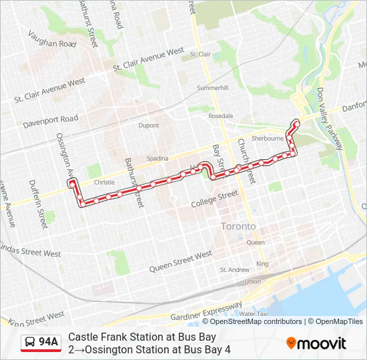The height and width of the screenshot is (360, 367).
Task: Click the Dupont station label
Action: point(149,125)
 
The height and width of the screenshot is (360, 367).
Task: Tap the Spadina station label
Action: point(157,158)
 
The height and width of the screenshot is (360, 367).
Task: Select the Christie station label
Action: point(105,181)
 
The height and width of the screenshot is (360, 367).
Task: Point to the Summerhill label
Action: point(212,88)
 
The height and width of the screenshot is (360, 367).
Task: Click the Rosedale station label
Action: point(221,115)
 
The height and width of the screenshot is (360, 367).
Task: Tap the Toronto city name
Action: point(238,227)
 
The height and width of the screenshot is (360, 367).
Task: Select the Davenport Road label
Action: point(50,123)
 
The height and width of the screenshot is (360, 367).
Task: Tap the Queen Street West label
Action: point(180,261)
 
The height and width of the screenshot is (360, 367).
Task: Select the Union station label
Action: point(253,281)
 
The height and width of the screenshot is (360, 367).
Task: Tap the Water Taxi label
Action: point(254,313)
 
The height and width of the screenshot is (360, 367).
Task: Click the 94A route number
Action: point(48,342)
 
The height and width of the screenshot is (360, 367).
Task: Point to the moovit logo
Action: point(316,343)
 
